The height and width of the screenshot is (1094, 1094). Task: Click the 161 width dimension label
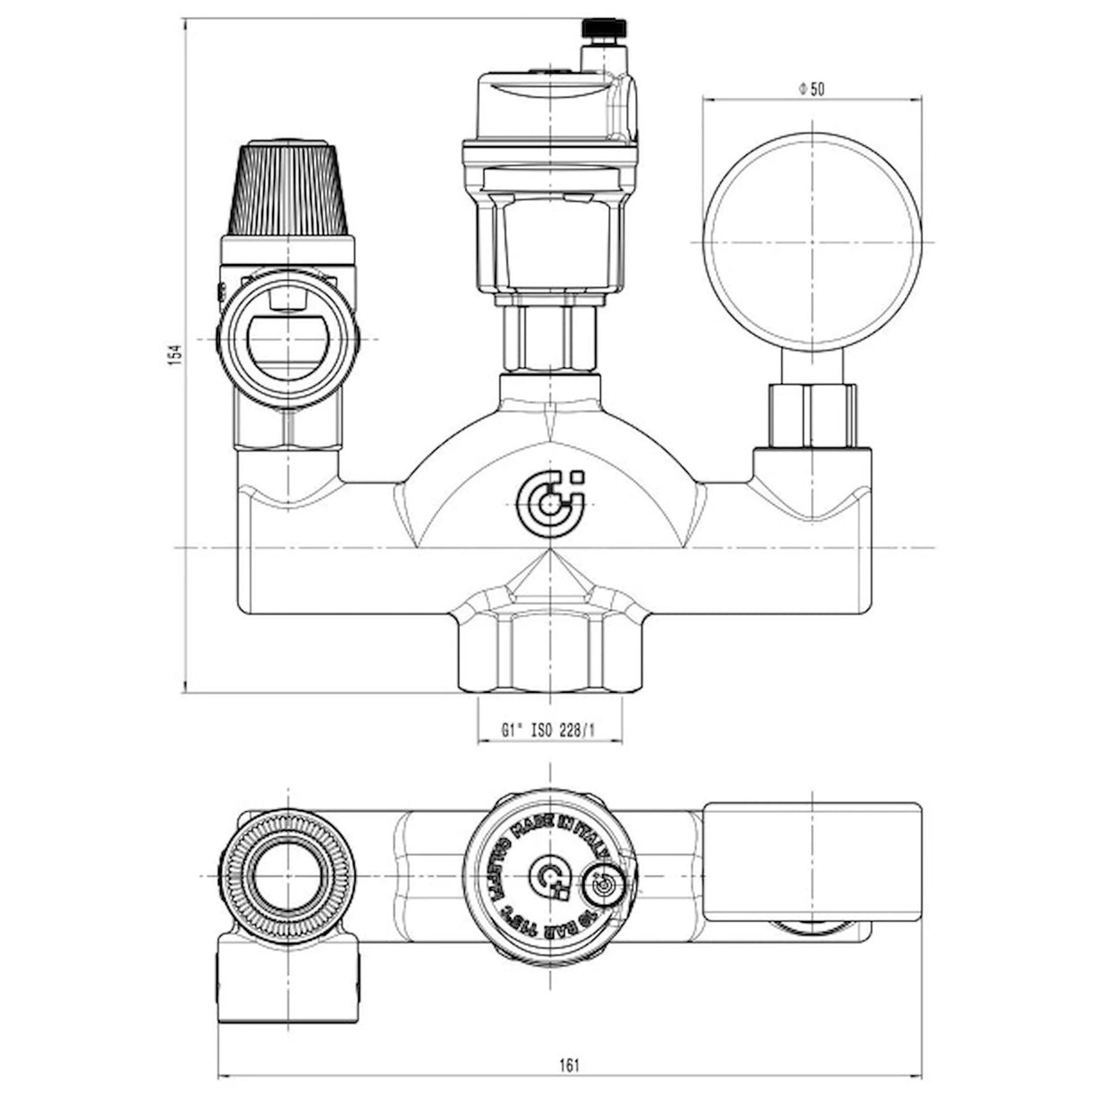pyautogui.click(x=569, y=1065)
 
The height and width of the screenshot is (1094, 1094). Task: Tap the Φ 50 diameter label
pyautogui.click(x=812, y=88)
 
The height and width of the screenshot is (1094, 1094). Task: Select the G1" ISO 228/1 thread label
pyautogui.click(x=549, y=730)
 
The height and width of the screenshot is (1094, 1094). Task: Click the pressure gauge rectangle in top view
pyautogui.click(x=812, y=861)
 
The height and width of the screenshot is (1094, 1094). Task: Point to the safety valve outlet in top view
pyautogui.click(x=288, y=978)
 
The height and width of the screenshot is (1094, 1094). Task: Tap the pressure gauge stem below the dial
pyautogui.click(x=810, y=365)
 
